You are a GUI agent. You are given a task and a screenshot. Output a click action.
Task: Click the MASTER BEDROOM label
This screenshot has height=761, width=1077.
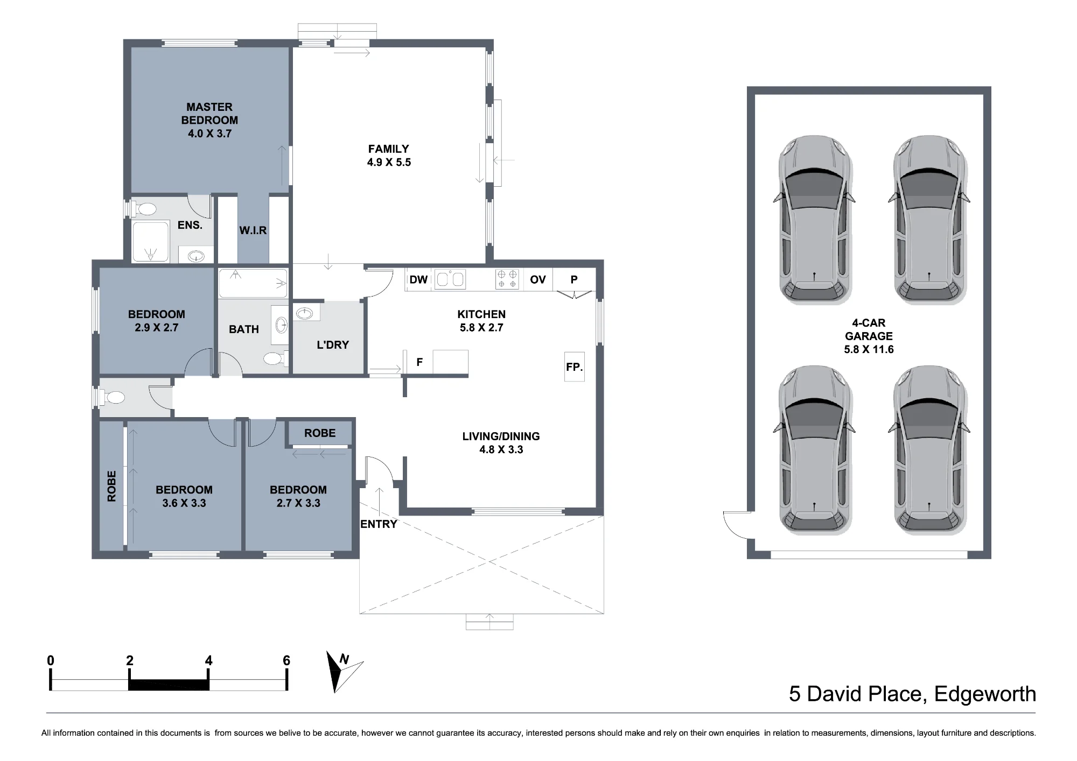pos(209,114)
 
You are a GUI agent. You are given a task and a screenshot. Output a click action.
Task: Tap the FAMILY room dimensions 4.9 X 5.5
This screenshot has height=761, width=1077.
pos(389,163)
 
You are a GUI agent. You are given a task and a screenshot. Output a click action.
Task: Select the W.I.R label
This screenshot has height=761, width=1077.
pos(253,230)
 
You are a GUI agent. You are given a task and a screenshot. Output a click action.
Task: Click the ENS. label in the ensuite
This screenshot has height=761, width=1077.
pos(190,225)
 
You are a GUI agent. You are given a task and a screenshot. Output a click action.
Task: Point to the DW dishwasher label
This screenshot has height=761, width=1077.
pos(418,279)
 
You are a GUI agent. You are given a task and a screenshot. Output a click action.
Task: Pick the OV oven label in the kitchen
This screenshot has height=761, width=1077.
pos(538,279)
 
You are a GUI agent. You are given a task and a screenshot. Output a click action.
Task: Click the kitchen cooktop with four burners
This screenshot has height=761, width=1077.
pos(508,279)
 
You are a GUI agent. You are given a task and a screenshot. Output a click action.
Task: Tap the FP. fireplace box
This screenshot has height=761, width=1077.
pos(575,367)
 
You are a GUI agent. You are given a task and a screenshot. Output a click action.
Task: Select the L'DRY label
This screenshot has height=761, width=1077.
pos(333,345)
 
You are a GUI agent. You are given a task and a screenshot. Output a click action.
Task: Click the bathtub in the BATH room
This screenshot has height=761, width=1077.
pos(253,283)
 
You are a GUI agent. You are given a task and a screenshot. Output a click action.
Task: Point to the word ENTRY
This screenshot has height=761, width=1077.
pos(379,524)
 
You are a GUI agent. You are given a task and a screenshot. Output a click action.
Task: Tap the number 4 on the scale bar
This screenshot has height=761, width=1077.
pos(209,661)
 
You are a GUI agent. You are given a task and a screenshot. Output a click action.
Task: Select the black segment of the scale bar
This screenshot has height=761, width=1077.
pos(169,685)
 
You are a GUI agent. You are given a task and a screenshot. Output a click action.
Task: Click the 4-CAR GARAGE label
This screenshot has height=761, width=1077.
pos(869,329)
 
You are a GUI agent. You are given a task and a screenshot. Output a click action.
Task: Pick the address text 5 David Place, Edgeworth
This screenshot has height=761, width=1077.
pos(913,694)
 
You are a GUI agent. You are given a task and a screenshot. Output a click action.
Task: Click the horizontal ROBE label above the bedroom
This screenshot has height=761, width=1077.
pos(320,433)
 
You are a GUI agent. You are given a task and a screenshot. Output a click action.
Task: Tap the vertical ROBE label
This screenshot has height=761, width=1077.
pos(111,487)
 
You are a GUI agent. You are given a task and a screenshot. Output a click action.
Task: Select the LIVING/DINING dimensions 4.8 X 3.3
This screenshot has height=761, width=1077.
pos(501,450)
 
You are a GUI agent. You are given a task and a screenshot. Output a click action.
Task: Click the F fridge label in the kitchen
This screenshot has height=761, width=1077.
pos(419,363)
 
